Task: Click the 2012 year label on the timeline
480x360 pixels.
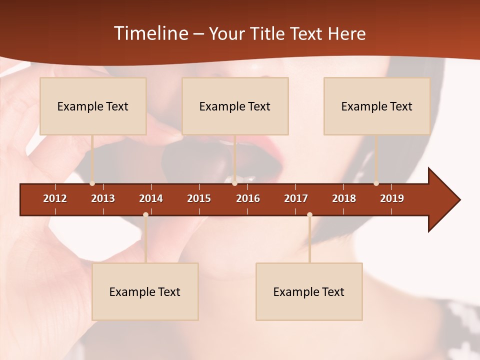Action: click(55, 198)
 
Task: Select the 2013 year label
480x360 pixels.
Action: click(103, 198)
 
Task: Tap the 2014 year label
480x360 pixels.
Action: click(151, 198)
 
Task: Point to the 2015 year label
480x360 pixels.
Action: click(199, 198)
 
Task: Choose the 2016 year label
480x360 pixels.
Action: click(248, 198)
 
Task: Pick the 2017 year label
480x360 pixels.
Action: click(296, 198)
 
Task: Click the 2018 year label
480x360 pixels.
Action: click(344, 198)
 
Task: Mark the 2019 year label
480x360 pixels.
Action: click(392, 198)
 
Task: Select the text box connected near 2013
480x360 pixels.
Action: click(93, 106)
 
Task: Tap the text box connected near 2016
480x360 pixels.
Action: click(235, 106)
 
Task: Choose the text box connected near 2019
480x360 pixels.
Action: click(377, 106)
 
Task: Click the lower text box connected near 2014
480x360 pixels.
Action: click(145, 292)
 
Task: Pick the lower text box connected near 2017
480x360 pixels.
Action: click(309, 292)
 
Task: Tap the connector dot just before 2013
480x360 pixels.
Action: click(92, 183)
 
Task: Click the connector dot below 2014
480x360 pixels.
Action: click(145, 214)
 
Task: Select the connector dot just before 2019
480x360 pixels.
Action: click(376, 183)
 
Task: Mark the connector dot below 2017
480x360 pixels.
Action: click(309, 214)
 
